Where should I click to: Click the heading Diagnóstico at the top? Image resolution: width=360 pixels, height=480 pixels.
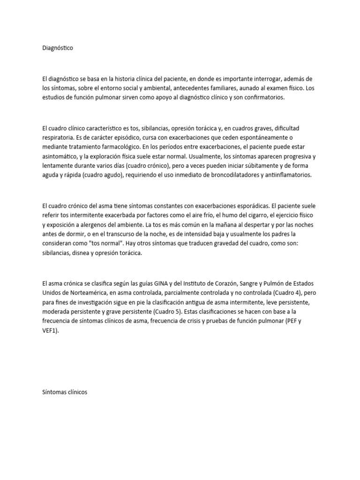[58, 47]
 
